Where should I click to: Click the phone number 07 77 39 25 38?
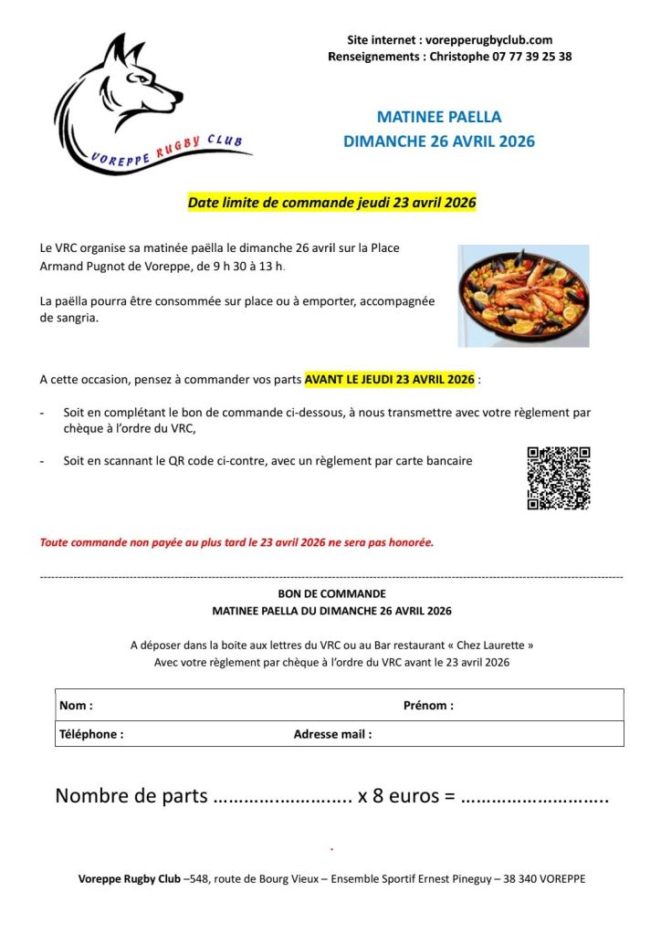(528, 57)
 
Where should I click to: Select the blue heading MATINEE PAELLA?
(439, 117)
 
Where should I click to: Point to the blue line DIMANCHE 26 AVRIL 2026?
(439, 142)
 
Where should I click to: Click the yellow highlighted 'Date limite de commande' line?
(332, 203)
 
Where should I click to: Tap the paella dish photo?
(523, 295)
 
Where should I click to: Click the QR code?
(559, 477)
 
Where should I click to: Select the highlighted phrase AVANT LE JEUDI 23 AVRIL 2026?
(390, 379)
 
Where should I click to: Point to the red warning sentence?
(236, 542)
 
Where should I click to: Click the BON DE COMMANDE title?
(331, 593)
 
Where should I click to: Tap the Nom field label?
(76, 706)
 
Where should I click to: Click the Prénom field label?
(428, 706)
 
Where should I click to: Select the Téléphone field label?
(91, 734)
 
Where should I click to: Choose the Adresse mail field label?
(332, 734)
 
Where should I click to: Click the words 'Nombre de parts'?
(131, 795)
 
